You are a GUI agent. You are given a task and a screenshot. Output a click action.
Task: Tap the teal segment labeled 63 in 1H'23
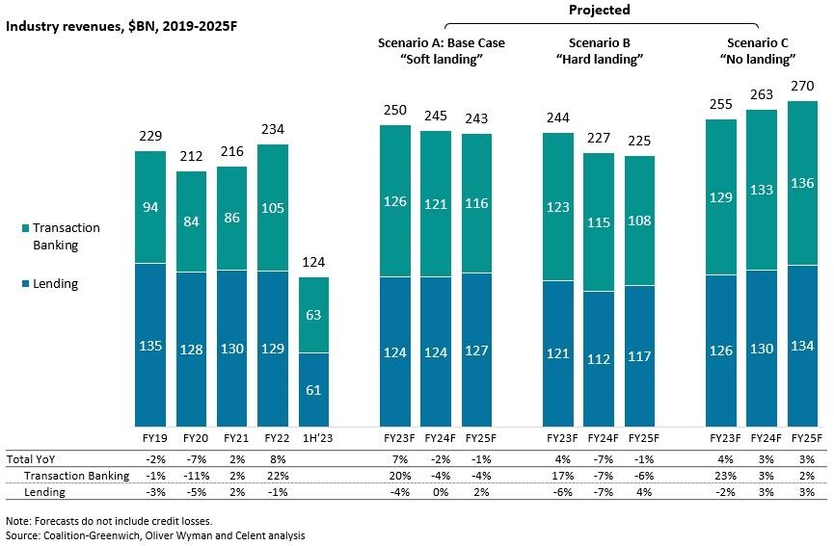tap(314, 314)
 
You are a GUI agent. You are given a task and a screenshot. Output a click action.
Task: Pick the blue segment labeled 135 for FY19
tap(150, 345)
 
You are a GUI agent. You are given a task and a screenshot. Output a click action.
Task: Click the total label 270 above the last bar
tap(803, 88)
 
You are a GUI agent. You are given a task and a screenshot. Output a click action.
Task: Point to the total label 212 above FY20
tap(191, 158)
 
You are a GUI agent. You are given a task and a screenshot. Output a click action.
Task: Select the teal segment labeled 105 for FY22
tap(274, 207)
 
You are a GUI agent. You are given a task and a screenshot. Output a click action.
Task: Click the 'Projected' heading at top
tap(600, 10)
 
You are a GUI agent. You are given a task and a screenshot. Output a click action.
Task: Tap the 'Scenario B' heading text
tap(599, 43)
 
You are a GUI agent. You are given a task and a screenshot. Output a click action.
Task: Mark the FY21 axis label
tap(232, 438)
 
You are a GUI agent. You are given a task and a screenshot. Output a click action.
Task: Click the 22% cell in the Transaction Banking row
tap(274, 476)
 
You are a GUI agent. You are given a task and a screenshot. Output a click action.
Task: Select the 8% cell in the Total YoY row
tap(274, 460)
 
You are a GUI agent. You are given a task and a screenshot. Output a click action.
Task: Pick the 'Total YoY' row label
tap(32, 460)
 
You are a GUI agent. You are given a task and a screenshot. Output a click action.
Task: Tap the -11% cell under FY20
tap(191, 476)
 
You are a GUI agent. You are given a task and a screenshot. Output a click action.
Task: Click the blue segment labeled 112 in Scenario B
tap(599, 358)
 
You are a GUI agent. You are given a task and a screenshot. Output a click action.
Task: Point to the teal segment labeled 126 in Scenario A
tap(394, 201)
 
